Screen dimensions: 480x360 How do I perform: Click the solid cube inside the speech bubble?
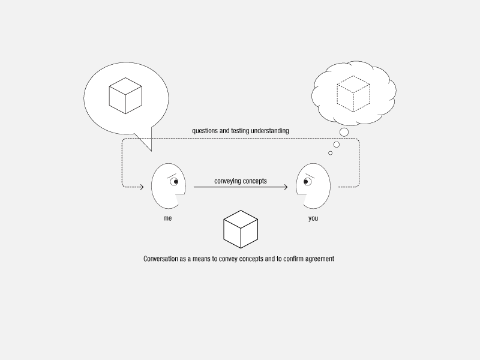[x=125, y=96]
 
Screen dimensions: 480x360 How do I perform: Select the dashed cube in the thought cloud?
[x=353, y=94]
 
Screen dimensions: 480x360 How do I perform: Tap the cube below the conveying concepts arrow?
[x=241, y=229]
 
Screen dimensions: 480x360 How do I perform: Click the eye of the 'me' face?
[x=175, y=182]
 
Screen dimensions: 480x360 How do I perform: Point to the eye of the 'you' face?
[x=307, y=182]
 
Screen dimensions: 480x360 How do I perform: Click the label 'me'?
[x=167, y=218]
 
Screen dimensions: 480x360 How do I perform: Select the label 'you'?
[x=313, y=218]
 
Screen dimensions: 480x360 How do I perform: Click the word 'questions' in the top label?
[x=205, y=131]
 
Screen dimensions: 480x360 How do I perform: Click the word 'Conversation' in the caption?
[x=161, y=259]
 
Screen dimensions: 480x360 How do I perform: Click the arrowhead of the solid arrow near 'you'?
[x=286, y=187]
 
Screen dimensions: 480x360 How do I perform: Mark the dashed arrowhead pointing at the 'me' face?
[x=142, y=187]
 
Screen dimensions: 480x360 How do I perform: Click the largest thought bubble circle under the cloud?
[x=344, y=132]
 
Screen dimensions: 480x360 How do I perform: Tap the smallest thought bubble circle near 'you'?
[x=331, y=153]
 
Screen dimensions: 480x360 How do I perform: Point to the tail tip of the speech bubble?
[x=152, y=151]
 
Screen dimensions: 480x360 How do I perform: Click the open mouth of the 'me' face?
[x=181, y=199]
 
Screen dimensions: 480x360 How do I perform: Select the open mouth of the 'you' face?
[x=302, y=199]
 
